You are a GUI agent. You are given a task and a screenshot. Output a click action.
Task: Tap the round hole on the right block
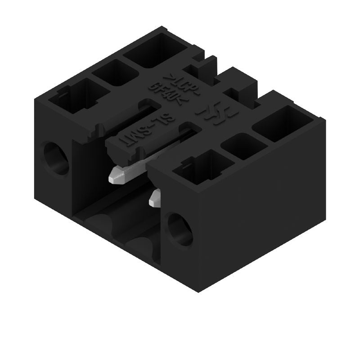coord(180,229)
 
